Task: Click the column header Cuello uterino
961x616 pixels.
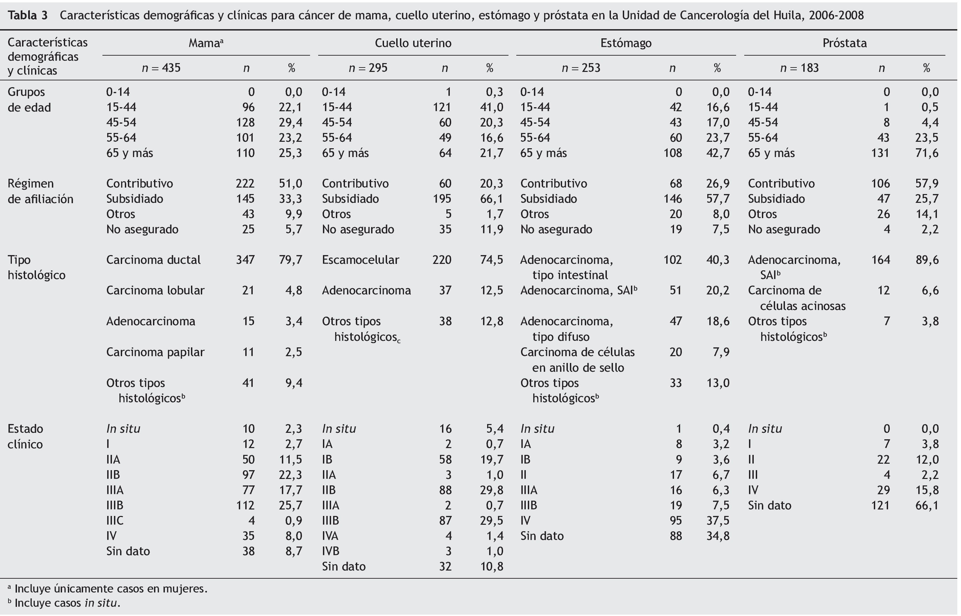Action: tap(413, 43)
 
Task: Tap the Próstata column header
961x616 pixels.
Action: tap(844, 43)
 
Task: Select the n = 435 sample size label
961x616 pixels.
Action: tap(161, 68)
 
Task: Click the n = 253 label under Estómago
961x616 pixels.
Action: tap(581, 68)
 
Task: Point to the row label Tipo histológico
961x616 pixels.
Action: tap(36, 267)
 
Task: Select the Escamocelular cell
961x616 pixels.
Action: tap(360, 259)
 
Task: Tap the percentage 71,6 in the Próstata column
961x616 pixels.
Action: tap(927, 153)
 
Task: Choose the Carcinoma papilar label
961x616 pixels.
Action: tap(155, 352)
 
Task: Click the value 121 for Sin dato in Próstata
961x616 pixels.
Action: tap(880, 505)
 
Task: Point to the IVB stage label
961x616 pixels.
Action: tap(331, 551)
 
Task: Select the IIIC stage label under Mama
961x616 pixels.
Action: tap(115, 520)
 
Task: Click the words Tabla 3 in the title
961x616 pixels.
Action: tap(27, 15)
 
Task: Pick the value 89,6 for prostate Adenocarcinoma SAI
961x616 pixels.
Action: tap(927, 259)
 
